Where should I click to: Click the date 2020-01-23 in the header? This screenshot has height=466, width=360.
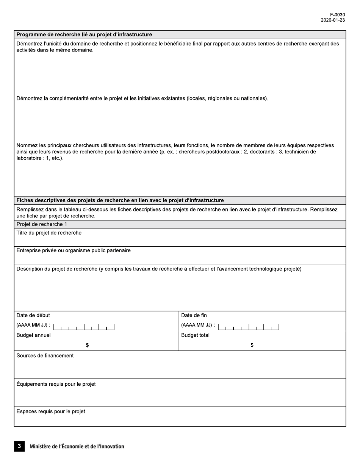[x=333, y=20]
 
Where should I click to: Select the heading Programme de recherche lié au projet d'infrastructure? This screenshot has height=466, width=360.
[x=84, y=34]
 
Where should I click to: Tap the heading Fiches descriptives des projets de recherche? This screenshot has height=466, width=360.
[x=120, y=200]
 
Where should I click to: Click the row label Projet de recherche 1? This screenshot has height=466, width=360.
[x=42, y=224]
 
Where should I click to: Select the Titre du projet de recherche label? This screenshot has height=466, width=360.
[x=49, y=233]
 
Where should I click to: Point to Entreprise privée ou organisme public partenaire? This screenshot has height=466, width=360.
[x=74, y=250]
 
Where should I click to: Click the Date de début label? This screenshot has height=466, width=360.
[x=33, y=316]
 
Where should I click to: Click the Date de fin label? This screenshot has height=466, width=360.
[x=194, y=316]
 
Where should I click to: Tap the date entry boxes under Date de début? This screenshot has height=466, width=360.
[x=84, y=327]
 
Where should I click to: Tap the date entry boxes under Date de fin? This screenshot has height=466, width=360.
[x=249, y=327]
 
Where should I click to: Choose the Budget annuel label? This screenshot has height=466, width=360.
[x=33, y=335]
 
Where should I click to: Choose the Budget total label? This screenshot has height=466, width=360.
[x=195, y=335]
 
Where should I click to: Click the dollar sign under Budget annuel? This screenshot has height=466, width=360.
[x=87, y=345]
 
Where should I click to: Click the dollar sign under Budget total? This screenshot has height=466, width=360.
[x=252, y=345]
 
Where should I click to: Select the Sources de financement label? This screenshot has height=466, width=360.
[x=45, y=356]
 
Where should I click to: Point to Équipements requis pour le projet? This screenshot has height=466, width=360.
[x=56, y=384]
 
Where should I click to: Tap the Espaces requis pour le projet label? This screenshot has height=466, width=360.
[x=51, y=411]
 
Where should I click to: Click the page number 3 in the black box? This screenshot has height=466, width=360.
[x=19, y=446]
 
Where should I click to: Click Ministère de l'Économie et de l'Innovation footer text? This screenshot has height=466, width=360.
[x=77, y=447]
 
